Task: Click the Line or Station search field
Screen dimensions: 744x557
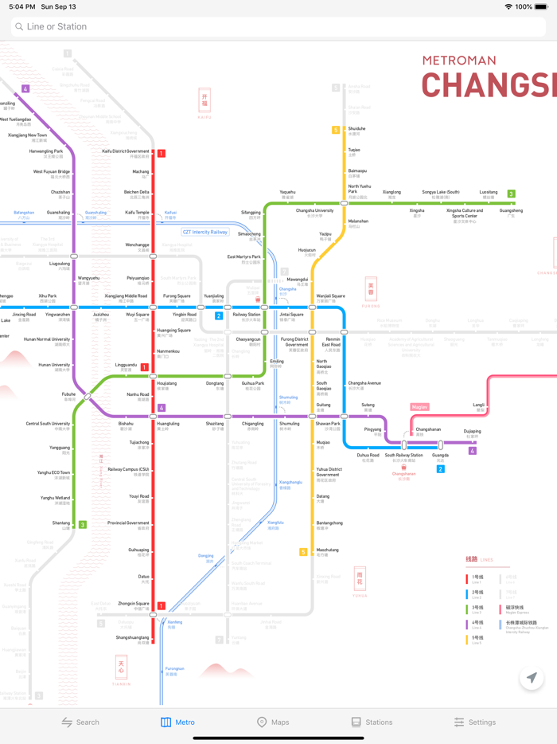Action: pyautogui.click(x=278, y=26)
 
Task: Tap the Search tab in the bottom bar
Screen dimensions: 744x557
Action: pyautogui.click(x=80, y=722)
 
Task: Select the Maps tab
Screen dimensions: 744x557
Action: pyautogui.click(x=272, y=722)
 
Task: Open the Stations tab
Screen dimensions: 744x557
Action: pyautogui.click(x=372, y=722)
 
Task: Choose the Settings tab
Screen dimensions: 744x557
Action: pyautogui.click(x=474, y=722)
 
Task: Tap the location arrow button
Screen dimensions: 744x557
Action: pyautogui.click(x=532, y=678)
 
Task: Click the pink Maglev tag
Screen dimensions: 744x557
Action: pyautogui.click(x=420, y=407)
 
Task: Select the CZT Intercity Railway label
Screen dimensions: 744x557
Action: pyautogui.click(x=205, y=232)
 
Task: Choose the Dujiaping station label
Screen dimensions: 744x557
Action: pyautogui.click(x=472, y=433)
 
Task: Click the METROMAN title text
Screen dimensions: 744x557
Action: pyautogui.click(x=458, y=61)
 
